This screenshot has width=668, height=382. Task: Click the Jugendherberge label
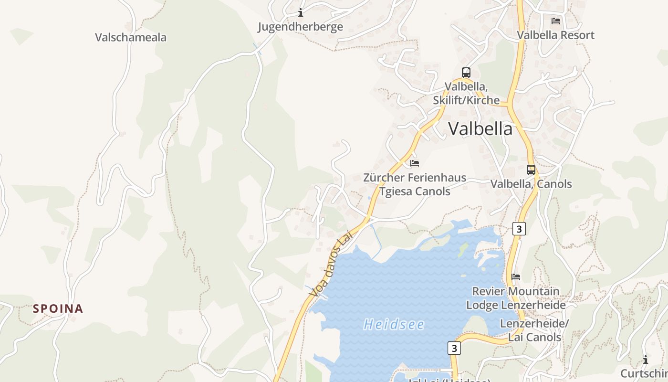pyautogui.click(x=300, y=27)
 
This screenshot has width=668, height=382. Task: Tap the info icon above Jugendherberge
pyautogui.click(x=301, y=13)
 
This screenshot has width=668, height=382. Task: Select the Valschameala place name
pyautogui.click(x=131, y=37)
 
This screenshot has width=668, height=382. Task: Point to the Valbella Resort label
pyautogui.click(x=556, y=35)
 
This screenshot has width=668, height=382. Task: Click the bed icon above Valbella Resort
pyautogui.click(x=556, y=21)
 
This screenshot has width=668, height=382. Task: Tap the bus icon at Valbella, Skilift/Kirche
pyautogui.click(x=466, y=73)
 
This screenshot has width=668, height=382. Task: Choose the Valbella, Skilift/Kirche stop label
pyautogui.click(x=466, y=94)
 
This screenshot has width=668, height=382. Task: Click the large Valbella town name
pyautogui.click(x=480, y=128)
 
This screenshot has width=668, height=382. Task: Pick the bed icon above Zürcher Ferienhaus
pyautogui.click(x=415, y=163)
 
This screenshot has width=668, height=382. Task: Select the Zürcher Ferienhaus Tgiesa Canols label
pyautogui.click(x=415, y=184)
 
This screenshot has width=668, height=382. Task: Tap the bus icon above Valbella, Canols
pyautogui.click(x=531, y=170)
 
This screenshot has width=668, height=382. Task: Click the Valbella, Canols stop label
pyautogui.click(x=531, y=184)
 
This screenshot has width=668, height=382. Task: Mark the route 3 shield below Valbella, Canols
pyautogui.click(x=519, y=229)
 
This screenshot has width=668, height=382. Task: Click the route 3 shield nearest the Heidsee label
pyautogui.click(x=454, y=348)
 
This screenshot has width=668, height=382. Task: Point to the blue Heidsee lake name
pyautogui.click(x=394, y=325)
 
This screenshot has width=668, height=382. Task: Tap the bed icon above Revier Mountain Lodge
pyautogui.click(x=515, y=277)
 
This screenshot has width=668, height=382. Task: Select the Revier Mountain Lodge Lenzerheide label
pyautogui.click(x=515, y=298)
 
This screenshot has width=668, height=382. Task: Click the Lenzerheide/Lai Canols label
pyautogui.click(x=534, y=330)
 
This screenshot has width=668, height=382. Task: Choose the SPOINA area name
pyautogui.click(x=58, y=308)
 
